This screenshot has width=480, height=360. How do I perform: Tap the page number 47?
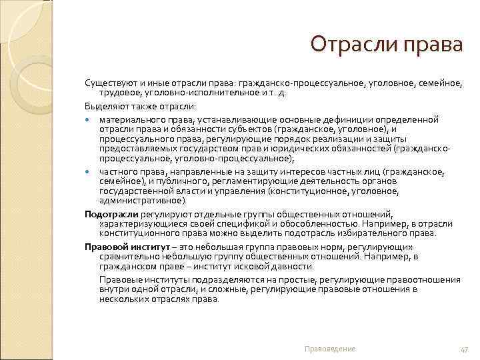click(464, 349)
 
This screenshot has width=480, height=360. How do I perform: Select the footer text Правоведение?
click(329, 349)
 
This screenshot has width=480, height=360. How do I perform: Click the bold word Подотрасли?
click(111, 214)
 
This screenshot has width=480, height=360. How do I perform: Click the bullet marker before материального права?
click(89, 119)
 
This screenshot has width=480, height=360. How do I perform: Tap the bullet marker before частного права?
click(89, 171)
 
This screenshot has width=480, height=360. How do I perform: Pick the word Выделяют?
click(103, 107)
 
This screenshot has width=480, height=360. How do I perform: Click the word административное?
click(143, 200)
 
